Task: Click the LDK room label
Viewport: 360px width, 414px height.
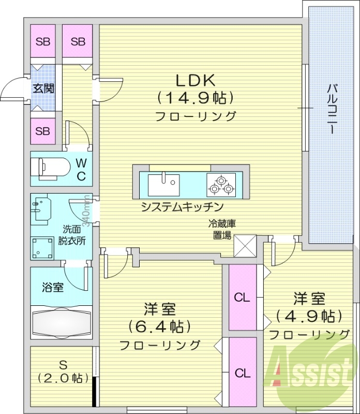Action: (x=195, y=80)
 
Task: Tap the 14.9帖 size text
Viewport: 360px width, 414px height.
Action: (x=195, y=97)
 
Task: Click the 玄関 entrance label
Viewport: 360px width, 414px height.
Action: (x=43, y=88)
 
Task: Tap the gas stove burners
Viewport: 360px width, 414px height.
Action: (x=221, y=184)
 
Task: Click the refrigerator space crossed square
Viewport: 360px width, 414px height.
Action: (x=245, y=245)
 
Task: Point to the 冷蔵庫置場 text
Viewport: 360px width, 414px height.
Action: (x=222, y=229)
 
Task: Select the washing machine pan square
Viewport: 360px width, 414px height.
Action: (x=43, y=248)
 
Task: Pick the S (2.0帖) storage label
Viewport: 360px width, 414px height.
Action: (x=62, y=372)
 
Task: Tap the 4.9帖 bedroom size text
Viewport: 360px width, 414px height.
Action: (x=309, y=315)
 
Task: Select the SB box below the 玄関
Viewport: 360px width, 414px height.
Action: (x=43, y=131)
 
